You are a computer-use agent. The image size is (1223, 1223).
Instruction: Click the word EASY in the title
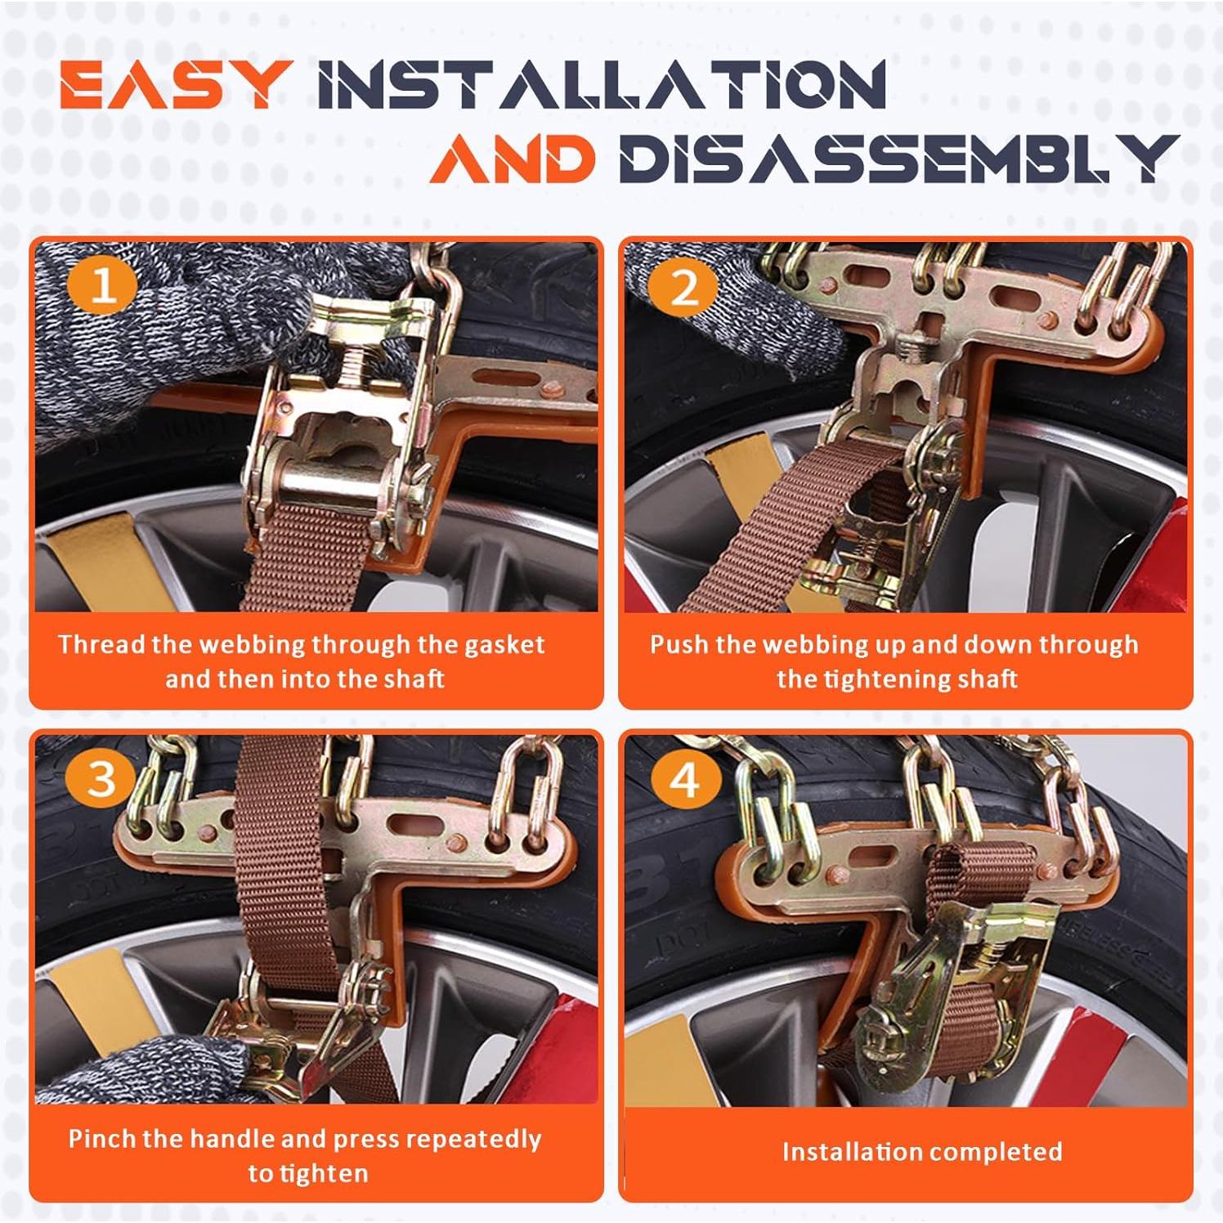point(175,85)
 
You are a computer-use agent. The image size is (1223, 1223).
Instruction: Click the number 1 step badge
point(102,287)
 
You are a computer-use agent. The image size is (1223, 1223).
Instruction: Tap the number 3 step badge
point(101,777)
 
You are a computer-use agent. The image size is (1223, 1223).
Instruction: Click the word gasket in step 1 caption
point(504,645)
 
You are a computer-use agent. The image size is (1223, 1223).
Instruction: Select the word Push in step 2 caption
point(679,644)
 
